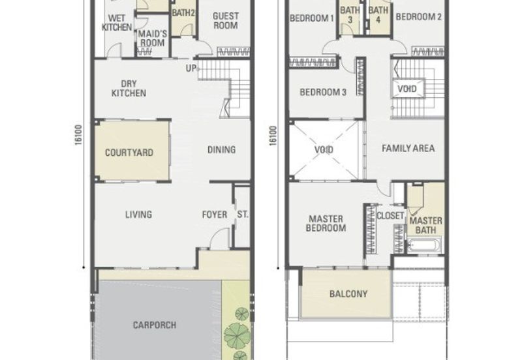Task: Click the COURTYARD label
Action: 129,153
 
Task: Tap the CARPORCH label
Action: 155,325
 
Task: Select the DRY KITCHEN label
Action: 129,89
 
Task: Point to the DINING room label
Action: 221,150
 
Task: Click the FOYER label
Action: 215,215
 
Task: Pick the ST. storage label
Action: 243,215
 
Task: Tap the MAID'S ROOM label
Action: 153,38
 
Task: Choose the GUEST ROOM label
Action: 226,21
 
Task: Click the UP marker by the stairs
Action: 191,68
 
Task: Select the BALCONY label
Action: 348,293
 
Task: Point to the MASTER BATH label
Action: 426,225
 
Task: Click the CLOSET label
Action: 390,216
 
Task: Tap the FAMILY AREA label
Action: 408,149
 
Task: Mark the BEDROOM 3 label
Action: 323,92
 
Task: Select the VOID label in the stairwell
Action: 407,89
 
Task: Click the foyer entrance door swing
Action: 220,238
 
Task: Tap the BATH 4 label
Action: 378,15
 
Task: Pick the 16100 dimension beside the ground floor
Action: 78,135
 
